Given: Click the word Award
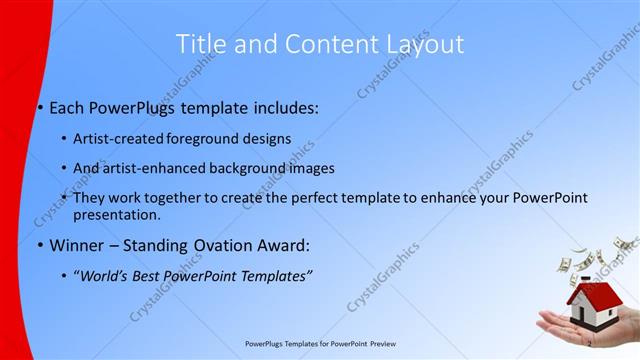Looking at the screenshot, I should (x=285, y=245).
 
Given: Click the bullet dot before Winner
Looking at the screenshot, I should (x=40, y=245).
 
